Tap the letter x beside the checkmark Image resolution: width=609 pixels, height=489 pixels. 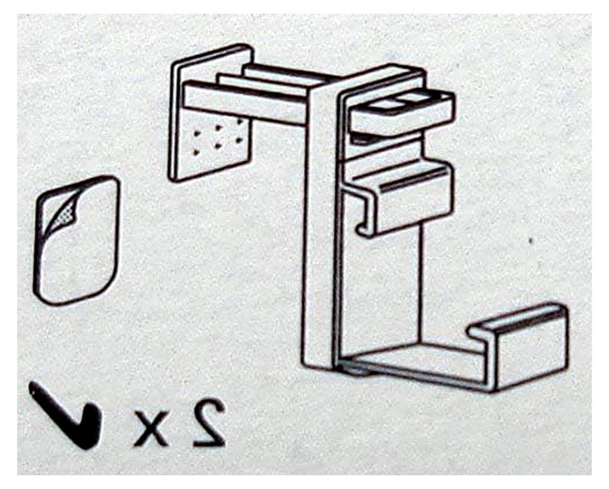pos(151,428)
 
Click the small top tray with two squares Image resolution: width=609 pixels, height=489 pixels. pos(402,112)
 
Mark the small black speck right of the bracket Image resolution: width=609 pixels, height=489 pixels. pos(530,242)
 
